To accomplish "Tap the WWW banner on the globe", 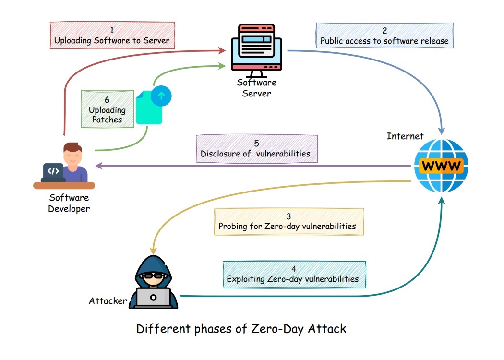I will click(x=441, y=166).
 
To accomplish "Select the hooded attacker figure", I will click(x=153, y=283).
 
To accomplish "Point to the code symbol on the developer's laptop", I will click(x=53, y=170).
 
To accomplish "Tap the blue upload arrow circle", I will click(x=161, y=96).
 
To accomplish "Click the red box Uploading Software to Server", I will click(x=112, y=35).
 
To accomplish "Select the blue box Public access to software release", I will click(x=384, y=35).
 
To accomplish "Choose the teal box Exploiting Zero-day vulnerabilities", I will click(x=294, y=274).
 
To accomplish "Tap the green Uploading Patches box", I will click(x=107, y=109).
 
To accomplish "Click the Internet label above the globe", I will click(x=405, y=136).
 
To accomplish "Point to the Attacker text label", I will click(x=108, y=301).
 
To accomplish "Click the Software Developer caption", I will click(x=69, y=203).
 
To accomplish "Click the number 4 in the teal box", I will click(x=293, y=268).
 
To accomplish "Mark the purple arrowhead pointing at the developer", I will click(x=98, y=166).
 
